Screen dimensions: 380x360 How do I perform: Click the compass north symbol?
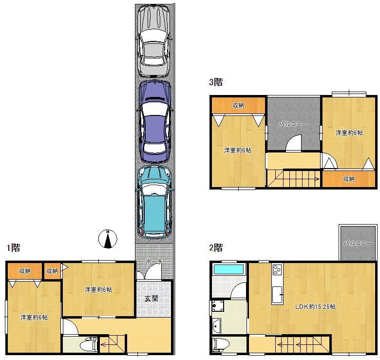[x=108, y=239]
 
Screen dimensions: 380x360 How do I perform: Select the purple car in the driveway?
[x=154, y=121]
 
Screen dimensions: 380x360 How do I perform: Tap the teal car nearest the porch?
[x=154, y=202]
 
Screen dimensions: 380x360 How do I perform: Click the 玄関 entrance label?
[x=152, y=299]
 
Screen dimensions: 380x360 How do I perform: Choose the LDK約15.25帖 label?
[x=315, y=307]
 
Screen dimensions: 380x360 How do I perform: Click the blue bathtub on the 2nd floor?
[x=228, y=269]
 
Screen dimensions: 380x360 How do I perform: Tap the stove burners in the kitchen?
[x=277, y=269]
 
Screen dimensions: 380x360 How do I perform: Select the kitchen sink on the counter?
[x=277, y=295]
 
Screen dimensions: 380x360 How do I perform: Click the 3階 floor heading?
[x=216, y=82]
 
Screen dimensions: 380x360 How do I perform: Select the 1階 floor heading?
[x=13, y=247]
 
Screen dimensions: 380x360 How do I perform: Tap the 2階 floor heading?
[x=216, y=247]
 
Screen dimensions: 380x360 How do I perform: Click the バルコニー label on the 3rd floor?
[x=293, y=124]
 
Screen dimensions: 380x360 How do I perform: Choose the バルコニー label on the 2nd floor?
[x=358, y=243]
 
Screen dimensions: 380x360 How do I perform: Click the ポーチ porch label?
[x=154, y=262]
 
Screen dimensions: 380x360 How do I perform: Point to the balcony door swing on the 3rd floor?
[x=293, y=143]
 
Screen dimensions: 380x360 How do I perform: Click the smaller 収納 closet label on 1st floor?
[x=52, y=271]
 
